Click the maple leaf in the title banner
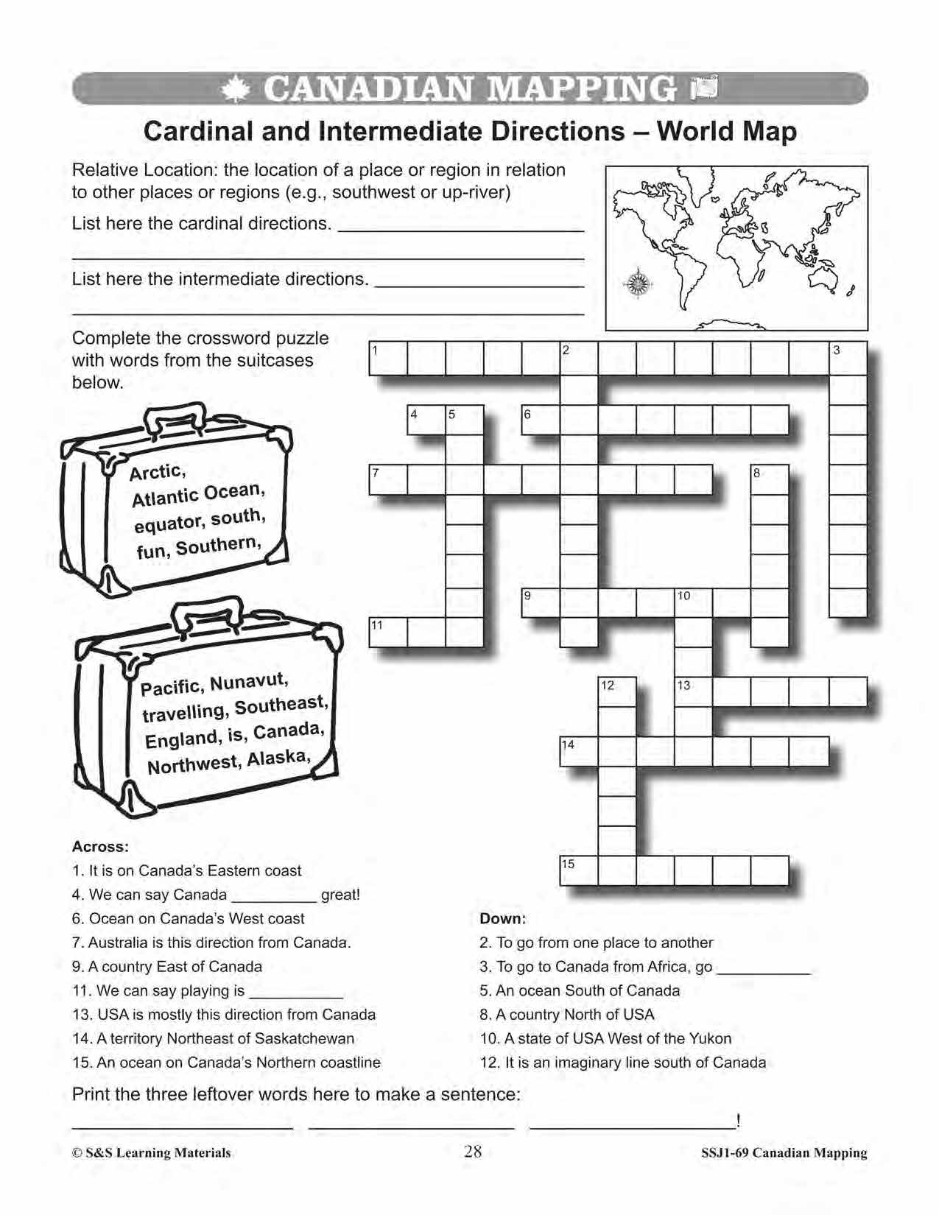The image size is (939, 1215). pos(236,90)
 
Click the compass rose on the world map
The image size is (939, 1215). pos(636,282)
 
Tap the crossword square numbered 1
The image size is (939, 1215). pos(388,359)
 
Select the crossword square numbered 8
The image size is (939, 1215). pos(770,479)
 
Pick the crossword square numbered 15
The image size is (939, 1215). pos(579,870)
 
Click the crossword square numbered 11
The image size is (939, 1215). pos(388,632)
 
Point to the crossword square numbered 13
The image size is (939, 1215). pos(694,691)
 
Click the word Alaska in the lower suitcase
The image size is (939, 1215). pos(279,758)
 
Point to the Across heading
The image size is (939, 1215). pos(101,846)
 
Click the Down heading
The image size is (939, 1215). pos(503,918)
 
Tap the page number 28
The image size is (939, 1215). pos(473,1151)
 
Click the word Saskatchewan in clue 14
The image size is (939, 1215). pos(304,1038)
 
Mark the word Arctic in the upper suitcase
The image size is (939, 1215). pos(157,472)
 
